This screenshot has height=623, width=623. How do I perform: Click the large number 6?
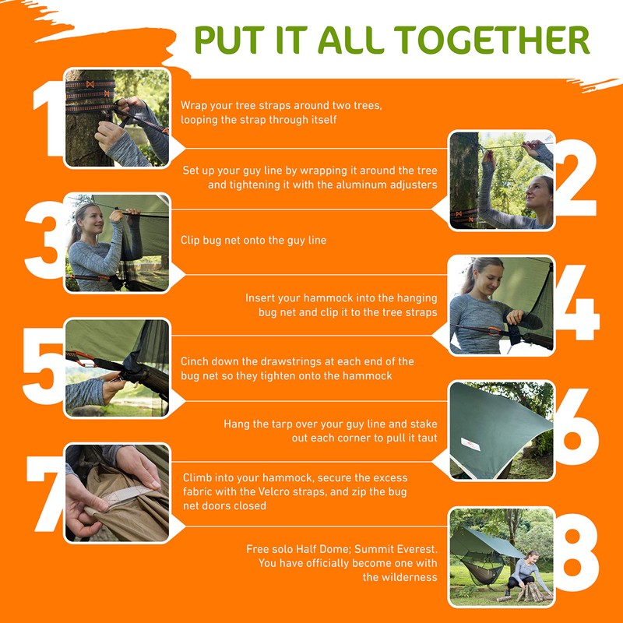[x=576, y=427]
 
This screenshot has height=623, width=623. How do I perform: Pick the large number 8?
[x=577, y=552]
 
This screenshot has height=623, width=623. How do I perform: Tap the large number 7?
[x=46, y=494]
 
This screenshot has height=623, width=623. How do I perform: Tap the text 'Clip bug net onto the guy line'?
[x=254, y=241]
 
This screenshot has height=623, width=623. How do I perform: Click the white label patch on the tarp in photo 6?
[x=470, y=444]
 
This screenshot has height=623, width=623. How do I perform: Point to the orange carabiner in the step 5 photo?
[x=83, y=358]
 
